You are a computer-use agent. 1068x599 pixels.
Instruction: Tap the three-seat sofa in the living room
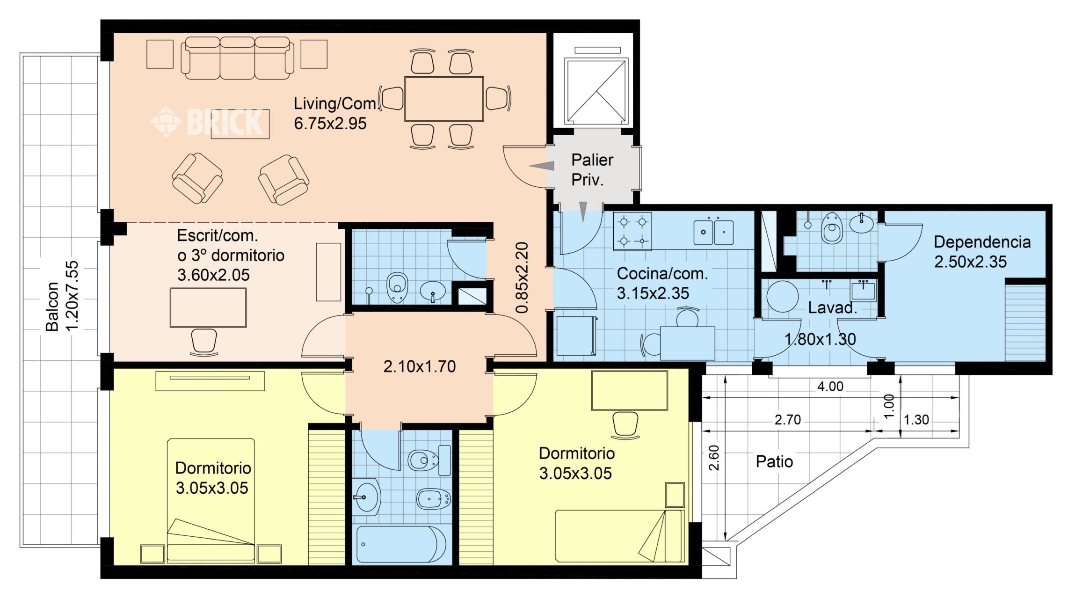click(238, 58)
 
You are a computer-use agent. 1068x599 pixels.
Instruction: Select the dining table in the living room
click(444, 99)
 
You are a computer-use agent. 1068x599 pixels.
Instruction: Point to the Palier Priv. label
click(592, 169)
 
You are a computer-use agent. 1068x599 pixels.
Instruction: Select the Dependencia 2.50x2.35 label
click(982, 252)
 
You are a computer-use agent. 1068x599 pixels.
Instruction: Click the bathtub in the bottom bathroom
click(401, 544)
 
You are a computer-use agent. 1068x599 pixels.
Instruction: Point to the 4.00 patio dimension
click(830, 387)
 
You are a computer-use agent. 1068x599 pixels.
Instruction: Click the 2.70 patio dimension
click(788, 420)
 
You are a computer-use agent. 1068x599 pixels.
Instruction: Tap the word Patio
click(774, 462)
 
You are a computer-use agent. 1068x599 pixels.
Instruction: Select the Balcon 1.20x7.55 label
click(61, 296)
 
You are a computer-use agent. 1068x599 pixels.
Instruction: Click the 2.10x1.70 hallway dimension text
click(420, 366)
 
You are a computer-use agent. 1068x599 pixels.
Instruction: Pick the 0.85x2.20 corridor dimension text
click(522, 278)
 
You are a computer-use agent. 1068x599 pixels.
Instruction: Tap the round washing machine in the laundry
click(782, 296)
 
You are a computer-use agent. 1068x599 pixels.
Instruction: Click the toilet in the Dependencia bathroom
click(832, 228)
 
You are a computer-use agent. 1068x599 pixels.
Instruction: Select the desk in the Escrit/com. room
click(208, 307)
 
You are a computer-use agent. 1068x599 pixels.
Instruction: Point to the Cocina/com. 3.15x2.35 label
click(662, 283)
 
